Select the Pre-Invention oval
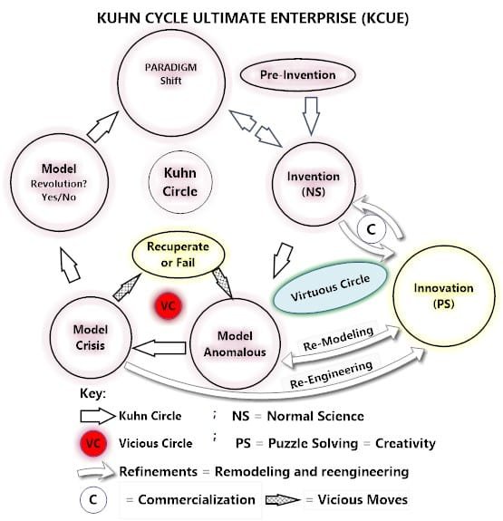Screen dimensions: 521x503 click(311, 75)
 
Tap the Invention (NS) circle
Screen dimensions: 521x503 click(311, 181)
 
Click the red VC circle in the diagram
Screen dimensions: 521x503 click(168, 305)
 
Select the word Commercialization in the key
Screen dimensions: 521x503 click(198, 499)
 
